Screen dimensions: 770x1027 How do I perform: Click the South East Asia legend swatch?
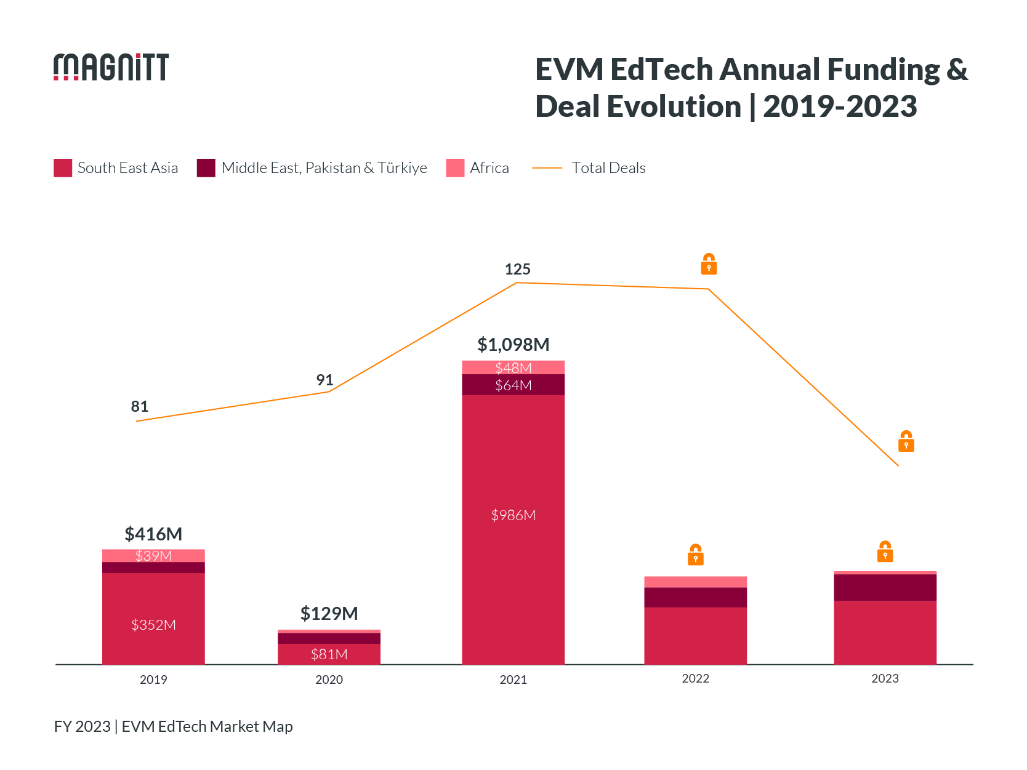(63, 168)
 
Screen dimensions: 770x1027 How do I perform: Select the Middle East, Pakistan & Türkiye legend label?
(324, 168)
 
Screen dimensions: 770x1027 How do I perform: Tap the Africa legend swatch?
(455, 168)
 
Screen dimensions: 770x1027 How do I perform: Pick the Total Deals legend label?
(608, 168)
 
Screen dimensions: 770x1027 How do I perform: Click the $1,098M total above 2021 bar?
(513, 345)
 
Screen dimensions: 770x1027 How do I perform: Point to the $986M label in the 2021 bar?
(513, 515)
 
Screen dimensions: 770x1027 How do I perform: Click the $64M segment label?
(513, 385)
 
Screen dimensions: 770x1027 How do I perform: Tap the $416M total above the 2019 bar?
(153, 534)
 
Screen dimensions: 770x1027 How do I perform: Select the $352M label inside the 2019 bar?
(153, 625)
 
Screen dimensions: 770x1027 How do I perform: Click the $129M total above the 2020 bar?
(329, 613)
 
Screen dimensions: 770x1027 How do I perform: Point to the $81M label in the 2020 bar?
(329, 654)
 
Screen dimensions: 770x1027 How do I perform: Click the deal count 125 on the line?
(517, 269)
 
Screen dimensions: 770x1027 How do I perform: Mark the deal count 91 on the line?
(324, 380)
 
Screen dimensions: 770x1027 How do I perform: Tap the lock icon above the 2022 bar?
(696, 555)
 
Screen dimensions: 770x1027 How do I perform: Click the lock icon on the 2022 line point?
(709, 264)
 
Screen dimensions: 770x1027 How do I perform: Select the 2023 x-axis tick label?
(885, 678)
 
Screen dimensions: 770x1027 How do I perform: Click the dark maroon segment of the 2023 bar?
(885, 587)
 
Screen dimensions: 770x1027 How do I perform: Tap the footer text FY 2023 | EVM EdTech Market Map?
(173, 726)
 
